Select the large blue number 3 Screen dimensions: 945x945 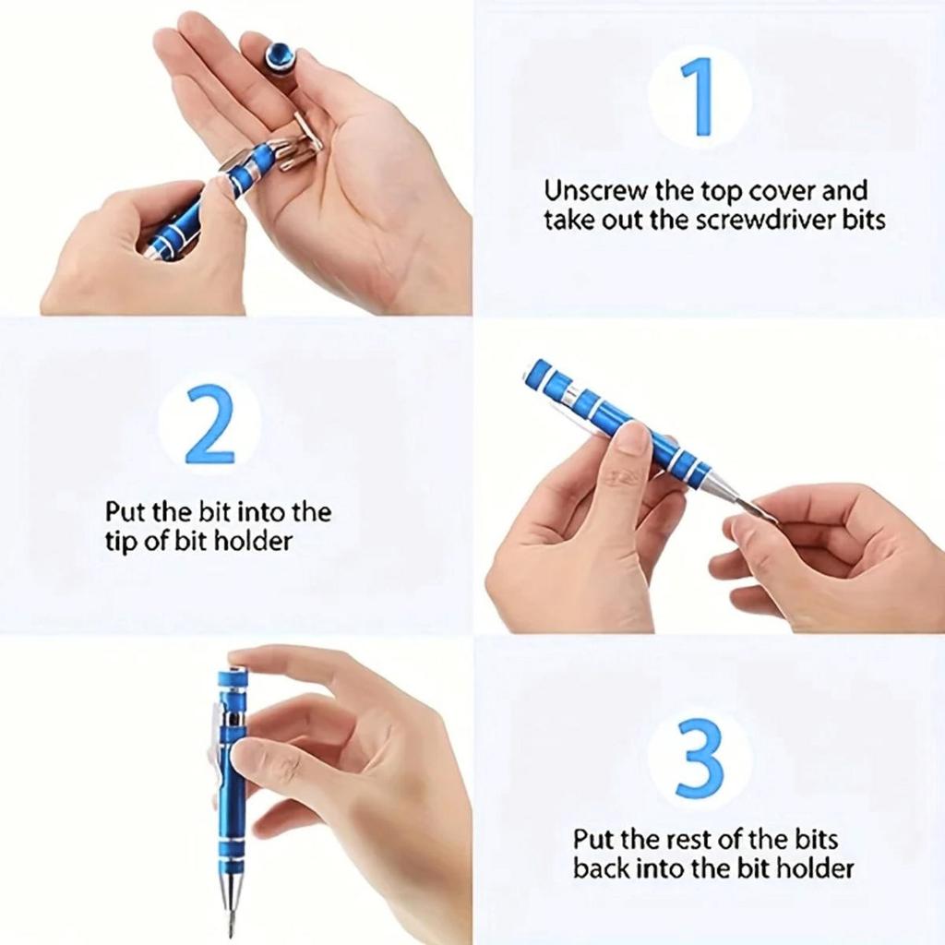(x=699, y=758)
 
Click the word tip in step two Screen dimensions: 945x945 (x=122, y=541)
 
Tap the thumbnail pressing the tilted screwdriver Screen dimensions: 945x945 (x=633, y=437)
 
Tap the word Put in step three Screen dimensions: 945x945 (x=592, y=840)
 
